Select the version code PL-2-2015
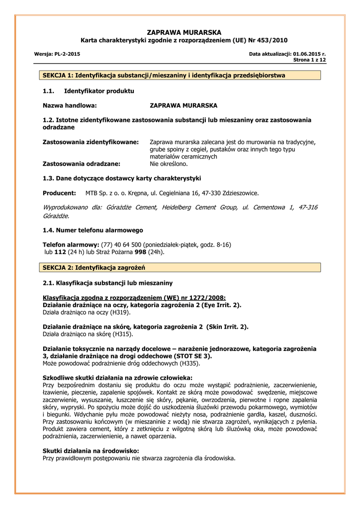click(67, 53)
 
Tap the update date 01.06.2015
click(305, 53)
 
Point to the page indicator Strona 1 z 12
click(309, 60)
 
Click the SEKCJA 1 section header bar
click(180, 75)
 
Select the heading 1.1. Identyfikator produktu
click(89, 91)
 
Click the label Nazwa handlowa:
click(70, 105)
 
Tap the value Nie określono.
click(169, 163)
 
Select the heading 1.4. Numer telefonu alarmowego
click(93, 230)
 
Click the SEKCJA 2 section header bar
click(180, 267)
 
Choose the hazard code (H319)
click(120, 312)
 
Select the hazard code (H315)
click(122, 334)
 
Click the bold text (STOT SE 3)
click(191, 356)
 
